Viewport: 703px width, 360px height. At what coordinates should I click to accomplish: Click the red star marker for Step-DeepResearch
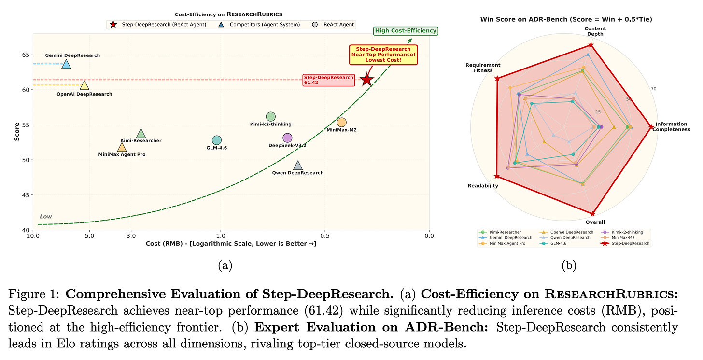(367, 80)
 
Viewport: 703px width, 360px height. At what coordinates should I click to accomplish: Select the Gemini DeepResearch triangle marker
(66, 64)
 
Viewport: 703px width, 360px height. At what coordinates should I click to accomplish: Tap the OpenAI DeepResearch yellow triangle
(84, 85)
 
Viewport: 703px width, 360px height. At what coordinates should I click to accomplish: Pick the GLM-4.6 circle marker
(216, 140)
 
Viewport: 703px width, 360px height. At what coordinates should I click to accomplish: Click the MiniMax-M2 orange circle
(341, 123)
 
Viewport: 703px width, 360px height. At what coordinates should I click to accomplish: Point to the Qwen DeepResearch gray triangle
(298, 166)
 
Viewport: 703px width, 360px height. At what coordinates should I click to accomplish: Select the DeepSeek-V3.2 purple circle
(287, 138)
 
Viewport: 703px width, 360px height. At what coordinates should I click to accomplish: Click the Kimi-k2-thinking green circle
(270, 116)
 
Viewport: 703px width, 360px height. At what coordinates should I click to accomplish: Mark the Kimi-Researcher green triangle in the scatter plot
(141, 134)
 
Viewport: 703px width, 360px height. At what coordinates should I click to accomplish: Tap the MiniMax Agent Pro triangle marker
(122, 147)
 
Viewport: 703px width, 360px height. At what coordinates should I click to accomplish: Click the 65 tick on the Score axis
(25, 55)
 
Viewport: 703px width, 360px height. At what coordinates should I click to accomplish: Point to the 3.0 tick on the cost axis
(131, 236)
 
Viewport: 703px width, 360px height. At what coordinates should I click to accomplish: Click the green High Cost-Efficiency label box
(406, 31)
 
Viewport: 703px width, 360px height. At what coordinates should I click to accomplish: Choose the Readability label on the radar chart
(483, 186)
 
